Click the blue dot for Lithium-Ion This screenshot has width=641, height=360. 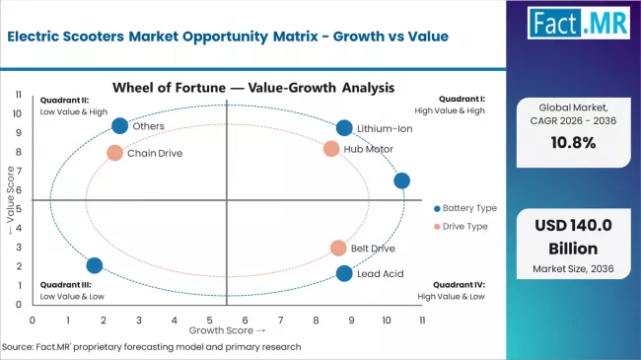[x=343, y=128]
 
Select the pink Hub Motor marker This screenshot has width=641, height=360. [x=331, y=149]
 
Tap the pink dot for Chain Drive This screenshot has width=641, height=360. [x=115, y=153]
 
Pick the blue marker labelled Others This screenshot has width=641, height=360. [x=120, y=126]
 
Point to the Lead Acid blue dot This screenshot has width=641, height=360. [x=343, y=273]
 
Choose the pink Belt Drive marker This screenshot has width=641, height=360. [x=338, y=249]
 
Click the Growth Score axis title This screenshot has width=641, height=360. [x=226, y=330]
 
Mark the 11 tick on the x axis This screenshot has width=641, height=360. [x=422, y=321]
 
